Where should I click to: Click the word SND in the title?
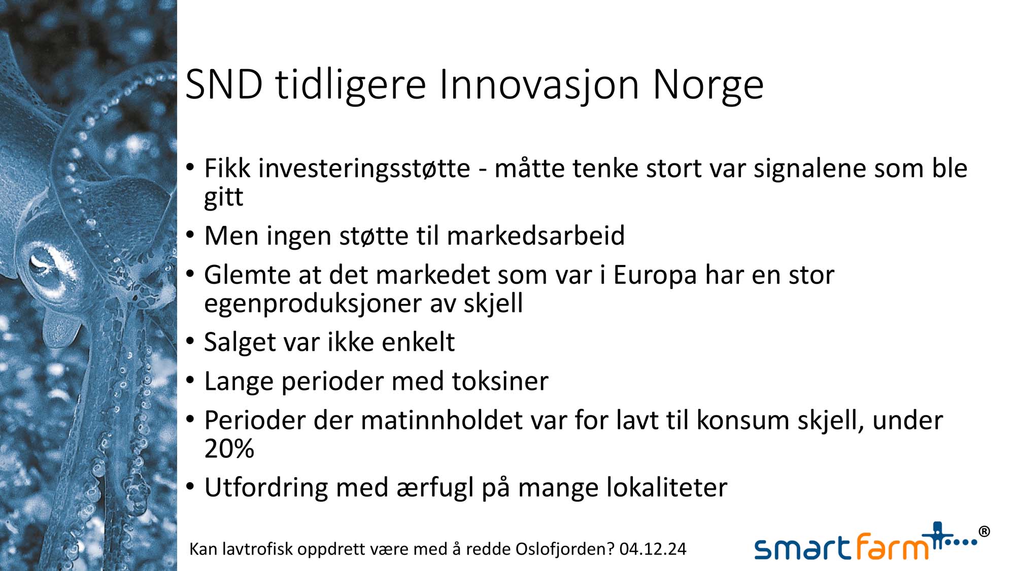pyautogui.click(x=224, y=84)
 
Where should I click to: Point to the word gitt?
pyautogui.click(x=223, y=197)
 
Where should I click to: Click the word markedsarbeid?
pyautogui.click(x=535, y=236)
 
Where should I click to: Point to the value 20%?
pyautogui.click(x=229, y=449)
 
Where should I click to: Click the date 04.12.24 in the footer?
pyautogui.click(x=653, y=549)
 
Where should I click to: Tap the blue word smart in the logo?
pyautogui.click(x=802, y=549)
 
